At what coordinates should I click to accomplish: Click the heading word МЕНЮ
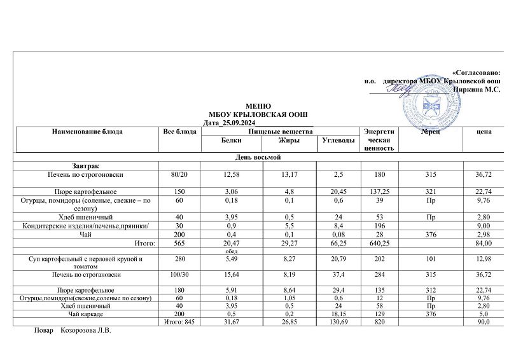(258, 106)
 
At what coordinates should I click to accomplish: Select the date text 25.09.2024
(238, 121)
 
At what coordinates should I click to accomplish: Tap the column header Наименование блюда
(88, 131)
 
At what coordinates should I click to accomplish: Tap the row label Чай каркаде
(88, 315)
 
